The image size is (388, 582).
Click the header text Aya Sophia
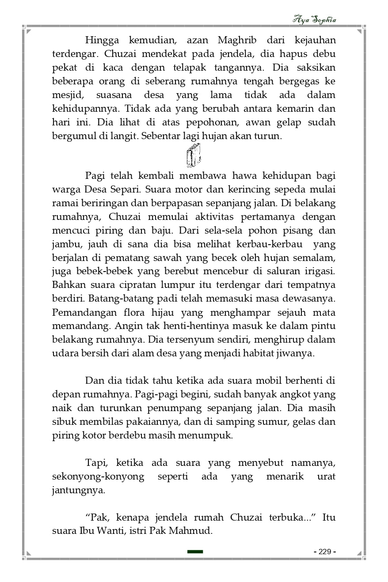tap(315, 19)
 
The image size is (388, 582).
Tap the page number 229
tap(325, 552)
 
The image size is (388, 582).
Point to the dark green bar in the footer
tap(195, 552)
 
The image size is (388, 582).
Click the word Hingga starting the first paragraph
tap(102, 41)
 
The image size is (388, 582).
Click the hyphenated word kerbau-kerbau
tap(275, 244)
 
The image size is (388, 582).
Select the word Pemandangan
tap(83, 313)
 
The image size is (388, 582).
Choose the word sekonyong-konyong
tap(98, 477)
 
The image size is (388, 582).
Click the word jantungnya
tap(79, 490)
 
